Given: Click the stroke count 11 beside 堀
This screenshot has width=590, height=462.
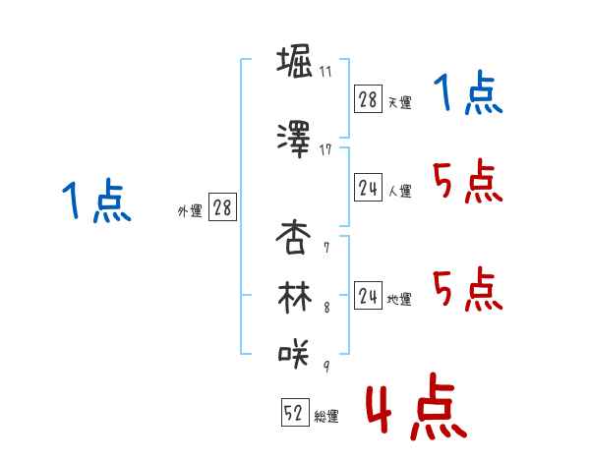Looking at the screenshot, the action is [324, 72].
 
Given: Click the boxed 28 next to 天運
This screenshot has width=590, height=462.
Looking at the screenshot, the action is [368, 99].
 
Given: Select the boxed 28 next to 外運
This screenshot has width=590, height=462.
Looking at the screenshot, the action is [221, 208].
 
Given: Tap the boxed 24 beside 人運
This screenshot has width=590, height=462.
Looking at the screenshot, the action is [368, 189].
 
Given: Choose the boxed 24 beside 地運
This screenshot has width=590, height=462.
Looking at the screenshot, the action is [368, 297].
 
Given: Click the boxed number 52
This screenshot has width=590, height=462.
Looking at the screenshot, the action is [294, 415].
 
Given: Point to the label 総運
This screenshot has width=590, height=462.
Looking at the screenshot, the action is [325, 417].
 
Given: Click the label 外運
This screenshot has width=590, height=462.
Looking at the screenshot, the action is [189, 210].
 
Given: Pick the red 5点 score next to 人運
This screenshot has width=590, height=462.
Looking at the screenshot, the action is [467, 182].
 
